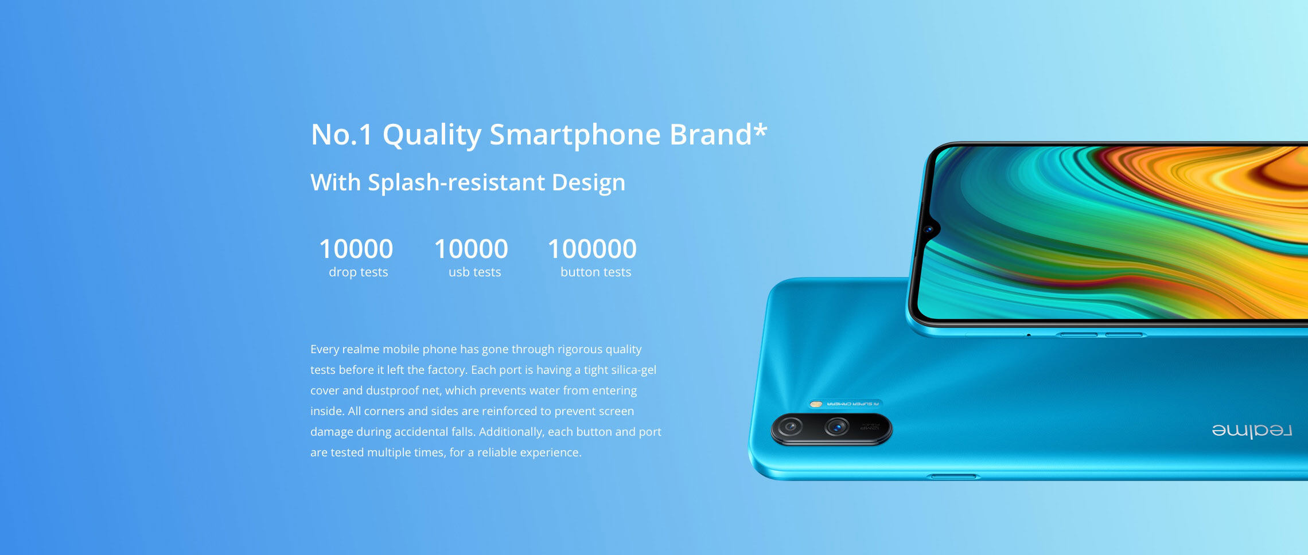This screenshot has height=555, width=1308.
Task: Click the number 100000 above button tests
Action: tap(592, 249)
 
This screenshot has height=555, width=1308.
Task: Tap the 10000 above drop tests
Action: tap(356, 249)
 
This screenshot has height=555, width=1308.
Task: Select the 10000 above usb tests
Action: tap(471, 249)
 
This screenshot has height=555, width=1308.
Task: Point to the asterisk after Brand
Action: tap(760, 131)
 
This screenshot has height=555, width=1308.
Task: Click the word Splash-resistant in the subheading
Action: tap(457, 182)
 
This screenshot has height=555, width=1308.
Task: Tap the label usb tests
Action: tap(474, 272)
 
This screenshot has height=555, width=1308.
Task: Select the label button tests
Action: tap(595, 272)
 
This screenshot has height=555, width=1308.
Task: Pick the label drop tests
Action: tap(358, 272)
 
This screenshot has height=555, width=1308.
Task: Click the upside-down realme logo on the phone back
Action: tap(1252, 431)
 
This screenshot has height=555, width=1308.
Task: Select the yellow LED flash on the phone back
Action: tap(816, 404)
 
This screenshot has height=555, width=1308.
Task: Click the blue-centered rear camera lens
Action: tap(837, 427)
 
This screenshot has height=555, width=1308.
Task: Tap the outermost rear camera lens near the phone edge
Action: tap(790, 427)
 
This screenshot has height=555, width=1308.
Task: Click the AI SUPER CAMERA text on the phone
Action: tap(852, 404)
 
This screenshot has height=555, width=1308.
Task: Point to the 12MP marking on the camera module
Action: tap(870, 428)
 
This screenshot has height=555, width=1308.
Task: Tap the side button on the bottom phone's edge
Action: tap(953, 476)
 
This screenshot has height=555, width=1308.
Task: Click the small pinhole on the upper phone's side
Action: tap(1029, 335)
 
